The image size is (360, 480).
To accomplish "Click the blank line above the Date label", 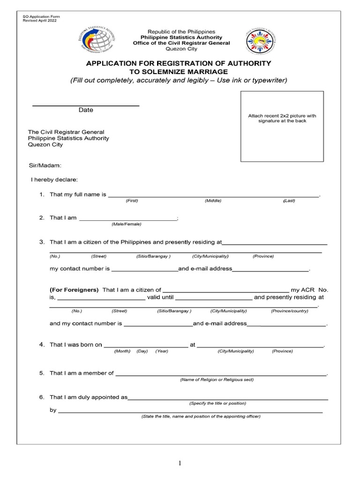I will tap(86, 105).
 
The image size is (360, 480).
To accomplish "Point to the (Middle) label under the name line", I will tap(213, 201).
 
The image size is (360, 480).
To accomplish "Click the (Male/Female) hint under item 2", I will tap(126, 224).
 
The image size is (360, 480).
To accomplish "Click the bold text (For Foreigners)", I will tap(74, 290).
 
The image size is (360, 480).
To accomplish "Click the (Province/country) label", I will tap(289, 311).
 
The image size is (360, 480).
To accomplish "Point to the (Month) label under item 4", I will tap(122, 351).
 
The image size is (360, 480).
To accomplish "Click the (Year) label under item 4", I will tap(162, 351).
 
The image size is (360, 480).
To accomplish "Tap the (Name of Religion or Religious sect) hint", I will tap(217, 380).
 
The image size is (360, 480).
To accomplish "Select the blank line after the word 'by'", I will tap(190, 412).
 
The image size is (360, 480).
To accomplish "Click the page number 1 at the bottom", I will tap(180, 463).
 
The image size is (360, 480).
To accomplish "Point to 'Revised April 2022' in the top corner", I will tap(40, 21).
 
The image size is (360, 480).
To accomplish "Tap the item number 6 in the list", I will tap(42, 397).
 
